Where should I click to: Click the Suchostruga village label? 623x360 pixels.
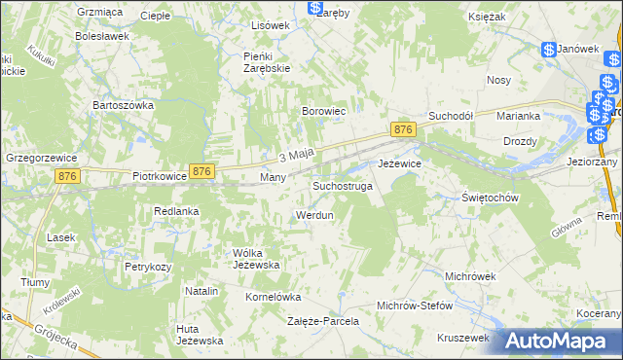coord(342,185)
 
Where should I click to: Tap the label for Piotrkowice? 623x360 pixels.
coord(158,178)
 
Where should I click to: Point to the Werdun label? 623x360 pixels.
coord(313,214)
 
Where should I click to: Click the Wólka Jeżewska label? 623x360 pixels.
coord(256,259)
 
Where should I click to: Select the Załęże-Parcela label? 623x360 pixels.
coord(322,320)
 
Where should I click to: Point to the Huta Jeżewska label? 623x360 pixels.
coord(200,335)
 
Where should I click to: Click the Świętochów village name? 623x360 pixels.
coord(488,197)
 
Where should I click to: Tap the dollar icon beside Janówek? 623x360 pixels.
coord(549,49)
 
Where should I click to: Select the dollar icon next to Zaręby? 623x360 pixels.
coord(316,7)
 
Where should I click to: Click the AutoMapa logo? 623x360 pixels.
coord(558,341)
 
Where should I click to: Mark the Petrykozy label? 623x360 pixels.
coord(147,266)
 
